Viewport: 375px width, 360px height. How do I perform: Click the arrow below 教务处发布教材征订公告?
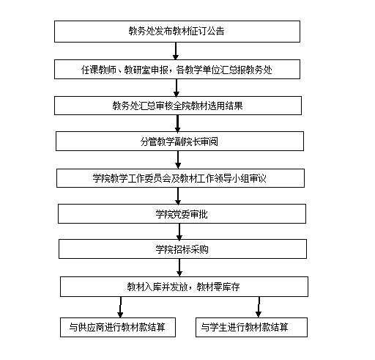[x=176, y=51]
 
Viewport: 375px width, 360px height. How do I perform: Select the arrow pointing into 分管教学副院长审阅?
[x=177, y=123]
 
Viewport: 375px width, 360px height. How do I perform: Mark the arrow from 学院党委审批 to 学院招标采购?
[x=179, y=232]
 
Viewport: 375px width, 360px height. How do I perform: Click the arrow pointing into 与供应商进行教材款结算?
[x=120, y=307]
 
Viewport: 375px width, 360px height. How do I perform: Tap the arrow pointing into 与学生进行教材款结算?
[x=259, y=307]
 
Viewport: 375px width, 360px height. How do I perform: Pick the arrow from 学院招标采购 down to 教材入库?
[x=179, y=268]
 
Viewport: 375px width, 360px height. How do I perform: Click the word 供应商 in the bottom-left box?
[x=91, y=328]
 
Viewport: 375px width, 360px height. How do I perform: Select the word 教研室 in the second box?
[x=137, y=70]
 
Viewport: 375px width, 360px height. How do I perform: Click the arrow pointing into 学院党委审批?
[x=178, y=196]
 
